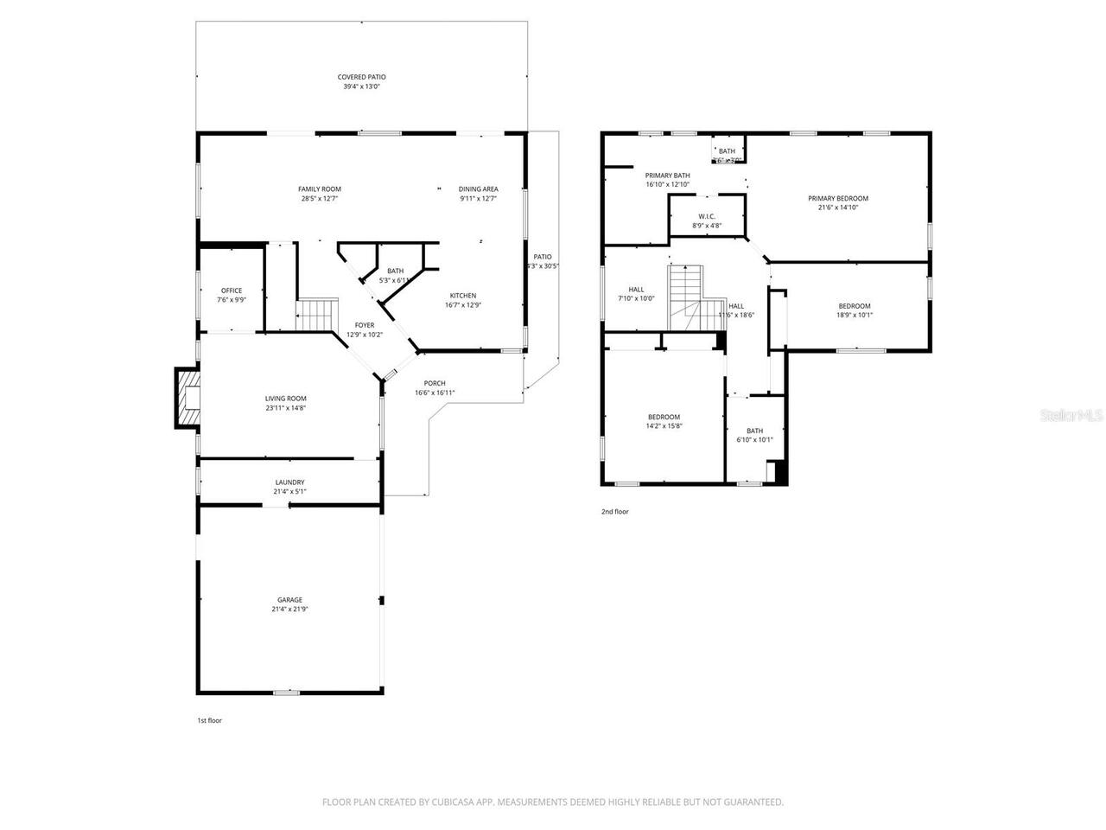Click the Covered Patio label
361,77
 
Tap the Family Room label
319,189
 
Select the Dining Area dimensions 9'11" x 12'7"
478,199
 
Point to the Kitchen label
462,296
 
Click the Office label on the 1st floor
231,290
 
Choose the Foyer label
364,325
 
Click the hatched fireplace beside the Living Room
187,398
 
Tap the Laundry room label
289,482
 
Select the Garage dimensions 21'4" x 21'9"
289,610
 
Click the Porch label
435,383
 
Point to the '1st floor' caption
209,720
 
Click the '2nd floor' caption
615,512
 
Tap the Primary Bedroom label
838,198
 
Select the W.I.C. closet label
706,216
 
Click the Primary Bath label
667,176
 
